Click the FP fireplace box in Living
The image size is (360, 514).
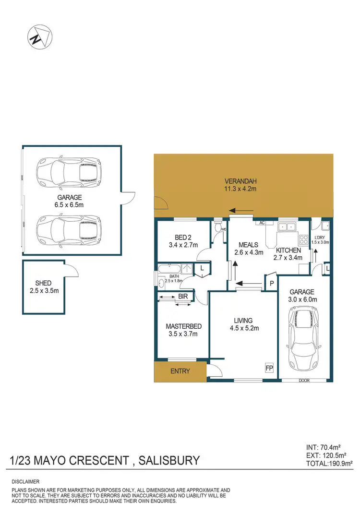point(269,368)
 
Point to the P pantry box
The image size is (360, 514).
point(271,284)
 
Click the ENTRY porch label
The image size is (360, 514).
point(180,371)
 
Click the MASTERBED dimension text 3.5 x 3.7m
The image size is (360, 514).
point(183,334)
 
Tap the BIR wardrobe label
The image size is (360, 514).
point(183,297)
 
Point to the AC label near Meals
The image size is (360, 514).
point(262,223)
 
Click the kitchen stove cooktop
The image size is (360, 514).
point(304,239)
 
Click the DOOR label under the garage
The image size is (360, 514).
point(304,380)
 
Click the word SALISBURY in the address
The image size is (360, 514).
point(169,461)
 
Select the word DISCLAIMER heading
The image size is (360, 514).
point(25,481)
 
